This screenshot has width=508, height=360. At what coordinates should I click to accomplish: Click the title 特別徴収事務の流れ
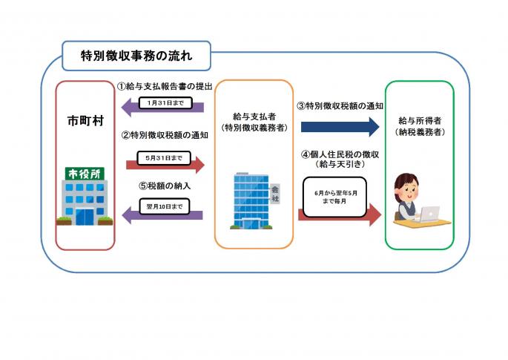136,56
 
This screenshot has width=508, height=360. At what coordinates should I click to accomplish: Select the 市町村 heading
85,121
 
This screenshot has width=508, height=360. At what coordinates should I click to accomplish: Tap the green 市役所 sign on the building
85,174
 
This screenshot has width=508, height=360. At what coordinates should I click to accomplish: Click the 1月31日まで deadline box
165,103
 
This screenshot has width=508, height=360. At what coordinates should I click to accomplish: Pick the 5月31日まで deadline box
164,158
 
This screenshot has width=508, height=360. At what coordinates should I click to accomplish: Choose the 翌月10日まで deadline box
165,206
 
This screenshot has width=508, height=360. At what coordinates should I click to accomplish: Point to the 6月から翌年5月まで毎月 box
335,197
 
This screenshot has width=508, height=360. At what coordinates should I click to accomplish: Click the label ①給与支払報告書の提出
165,87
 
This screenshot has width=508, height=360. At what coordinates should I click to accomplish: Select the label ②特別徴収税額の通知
165,135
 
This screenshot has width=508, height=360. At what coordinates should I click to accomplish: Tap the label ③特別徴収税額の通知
340,106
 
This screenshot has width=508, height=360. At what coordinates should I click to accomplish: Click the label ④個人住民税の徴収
340,154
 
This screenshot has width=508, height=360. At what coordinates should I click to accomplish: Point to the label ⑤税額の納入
165,186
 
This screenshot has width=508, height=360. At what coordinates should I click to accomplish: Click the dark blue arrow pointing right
340,127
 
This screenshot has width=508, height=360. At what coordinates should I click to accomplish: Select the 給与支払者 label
254,117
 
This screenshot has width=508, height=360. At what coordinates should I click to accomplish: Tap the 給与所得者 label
420,121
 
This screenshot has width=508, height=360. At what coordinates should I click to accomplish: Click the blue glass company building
251,201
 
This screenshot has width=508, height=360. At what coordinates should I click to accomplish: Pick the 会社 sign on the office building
275,194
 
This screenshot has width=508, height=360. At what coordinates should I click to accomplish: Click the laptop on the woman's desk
428,214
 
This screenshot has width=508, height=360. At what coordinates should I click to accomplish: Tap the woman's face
409,192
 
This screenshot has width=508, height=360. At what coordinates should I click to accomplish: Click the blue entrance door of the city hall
85,217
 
